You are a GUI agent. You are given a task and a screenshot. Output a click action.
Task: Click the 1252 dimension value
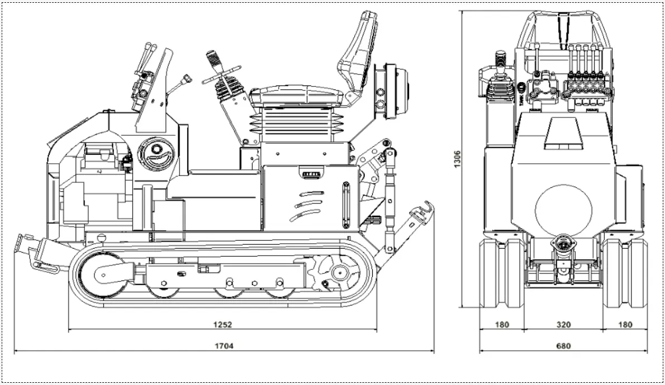(222, 324)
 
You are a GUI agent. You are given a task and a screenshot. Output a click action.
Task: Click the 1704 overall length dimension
(224, 345)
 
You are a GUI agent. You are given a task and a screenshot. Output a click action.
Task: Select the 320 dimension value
(563, 324)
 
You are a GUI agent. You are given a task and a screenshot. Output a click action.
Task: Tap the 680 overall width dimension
(563, 346)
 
